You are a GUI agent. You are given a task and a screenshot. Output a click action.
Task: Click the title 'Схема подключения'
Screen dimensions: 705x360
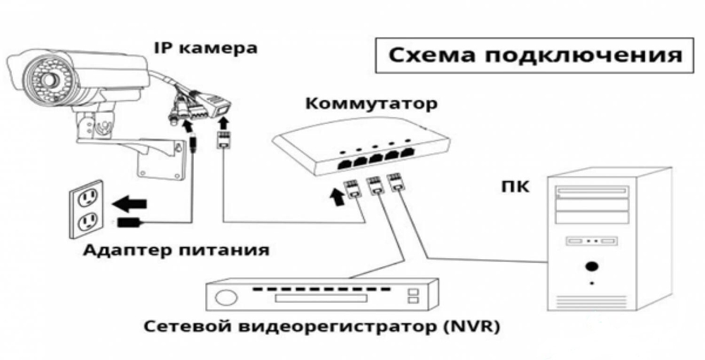tap(535, 56)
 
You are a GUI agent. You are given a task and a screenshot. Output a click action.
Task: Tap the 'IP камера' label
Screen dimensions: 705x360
tap(206, 48)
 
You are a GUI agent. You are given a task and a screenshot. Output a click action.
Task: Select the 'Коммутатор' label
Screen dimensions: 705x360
tap(372, 104)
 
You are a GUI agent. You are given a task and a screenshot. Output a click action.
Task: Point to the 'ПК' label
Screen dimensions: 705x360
tap(515, 185)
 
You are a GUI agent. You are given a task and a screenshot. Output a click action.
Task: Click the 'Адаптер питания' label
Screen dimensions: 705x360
tap(176, 250)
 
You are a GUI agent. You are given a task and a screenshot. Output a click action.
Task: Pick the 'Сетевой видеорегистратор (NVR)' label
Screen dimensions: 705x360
tap(321, 326)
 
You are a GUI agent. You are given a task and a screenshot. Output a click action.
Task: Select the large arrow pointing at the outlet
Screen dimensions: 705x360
tap(129, 204)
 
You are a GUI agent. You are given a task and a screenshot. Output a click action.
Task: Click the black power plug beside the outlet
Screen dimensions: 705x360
tap(130, 222)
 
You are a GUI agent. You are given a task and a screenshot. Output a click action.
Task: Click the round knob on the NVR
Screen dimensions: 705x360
tap(226, 297)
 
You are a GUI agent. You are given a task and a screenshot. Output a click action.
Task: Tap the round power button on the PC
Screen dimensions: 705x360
tap(591, 266)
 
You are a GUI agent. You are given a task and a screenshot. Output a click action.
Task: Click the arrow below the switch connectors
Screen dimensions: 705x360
tap(337, 197)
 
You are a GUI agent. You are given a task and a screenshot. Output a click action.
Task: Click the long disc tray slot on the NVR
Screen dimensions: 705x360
tap(321, 298)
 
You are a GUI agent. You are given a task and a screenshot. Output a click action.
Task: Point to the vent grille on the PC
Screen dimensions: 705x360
tap(591, 301)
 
